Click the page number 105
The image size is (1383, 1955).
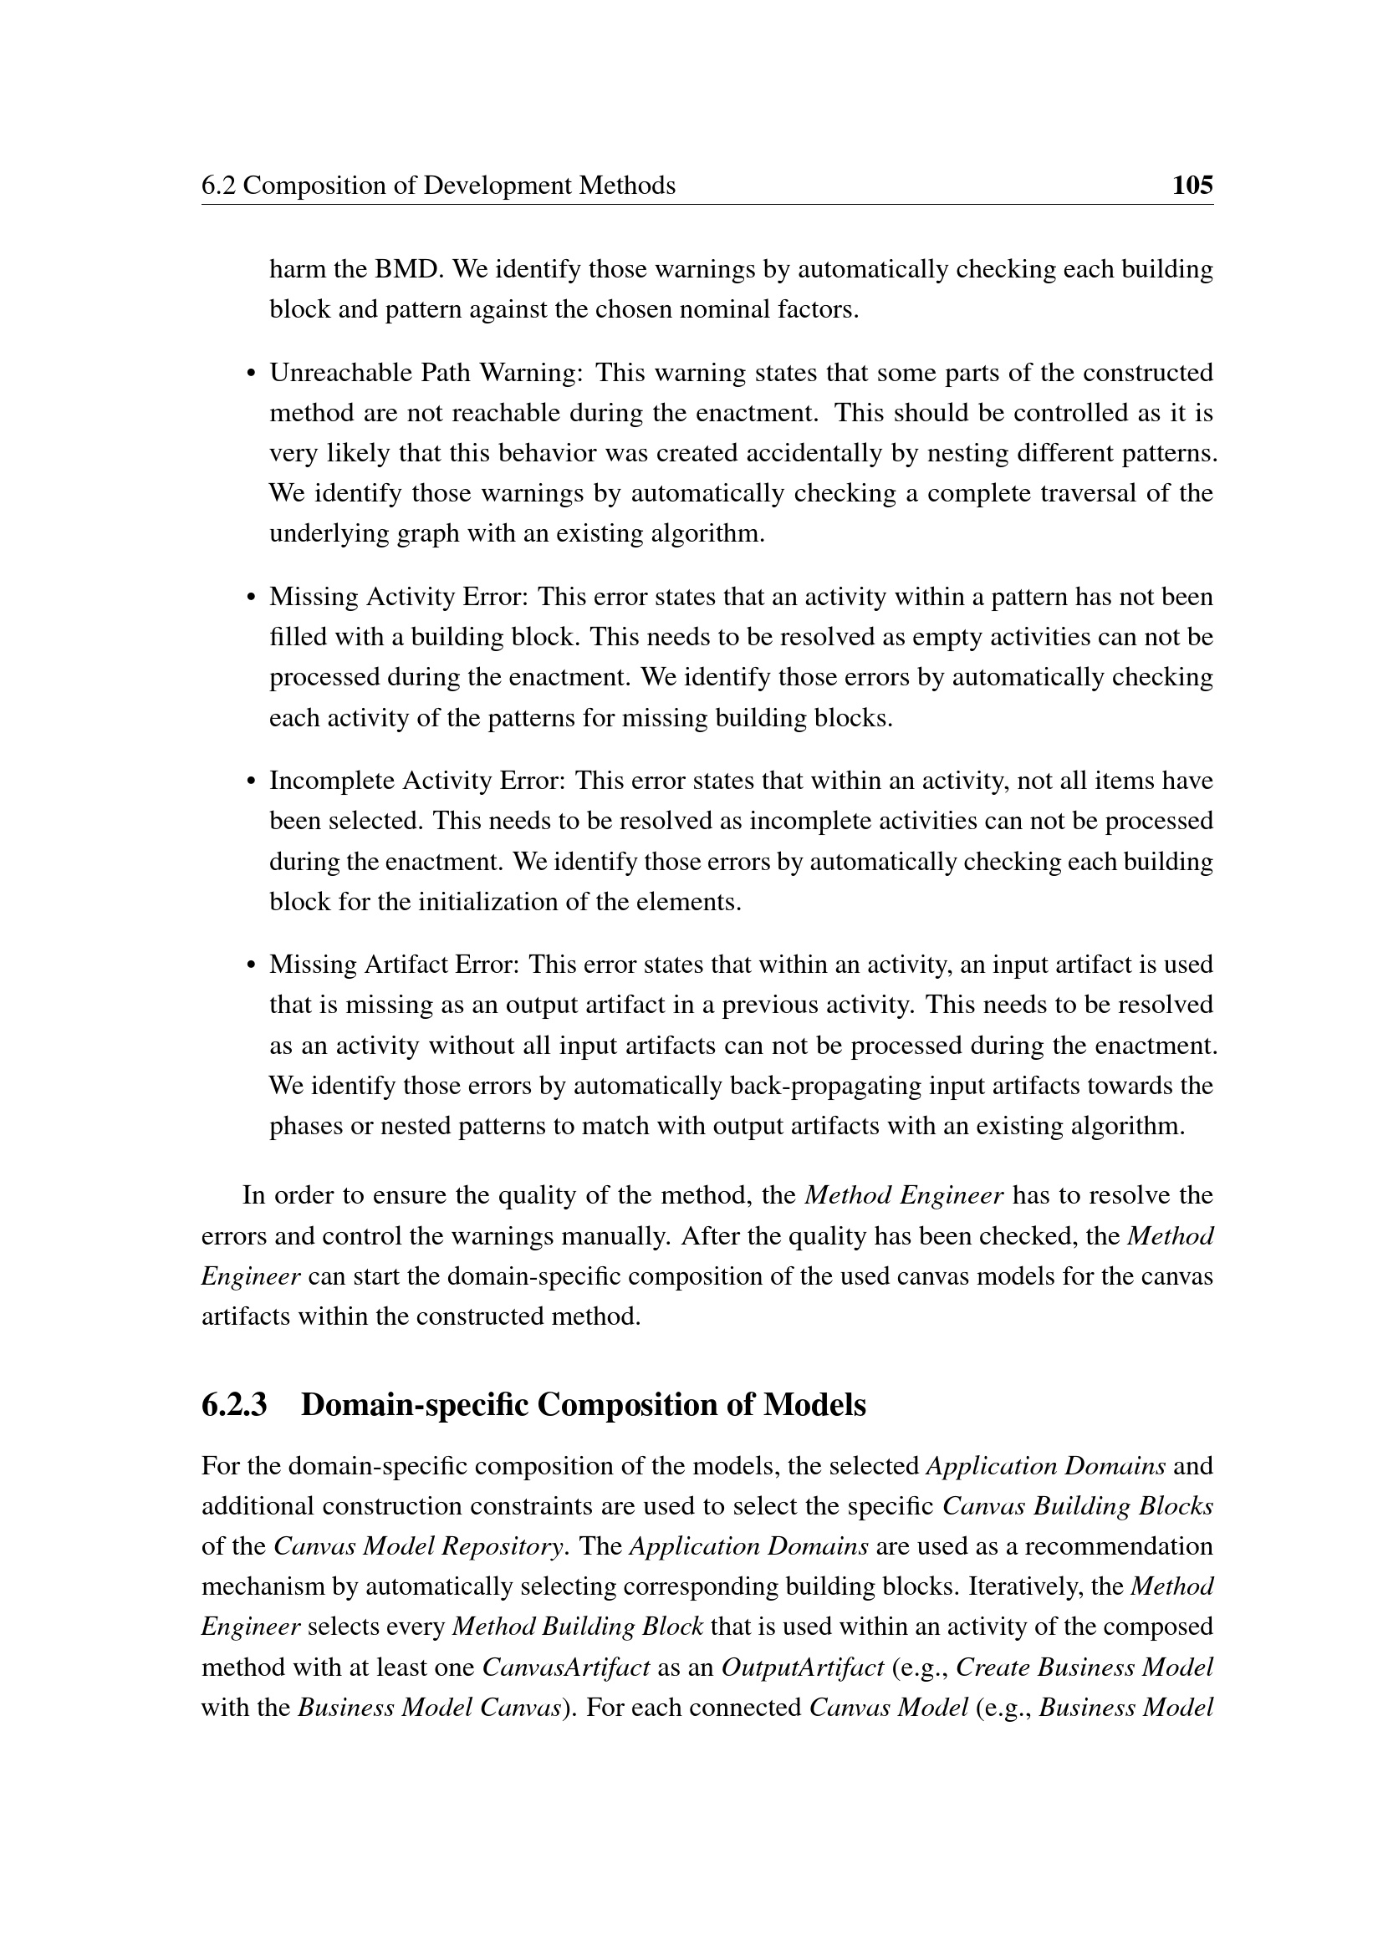click(1192, 185)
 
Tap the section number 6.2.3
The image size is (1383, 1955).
click(234, 1404)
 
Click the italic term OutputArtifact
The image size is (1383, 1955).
click(802, 1667)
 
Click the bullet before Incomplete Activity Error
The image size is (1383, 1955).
click(250, 781)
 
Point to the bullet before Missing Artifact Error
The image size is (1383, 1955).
click(250, 965)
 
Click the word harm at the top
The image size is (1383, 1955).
click(298, 269)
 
